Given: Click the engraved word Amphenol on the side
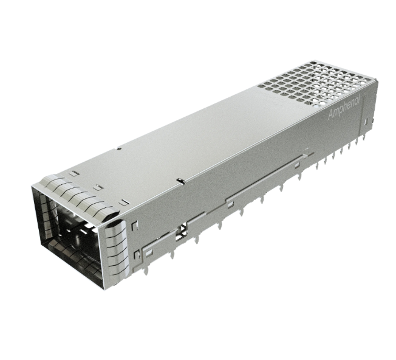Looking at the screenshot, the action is [345, 106].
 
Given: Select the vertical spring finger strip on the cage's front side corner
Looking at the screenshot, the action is [116, 247].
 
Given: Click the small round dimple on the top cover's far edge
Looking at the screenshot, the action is [119, 148].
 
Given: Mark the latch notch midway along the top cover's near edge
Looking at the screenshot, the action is [180, 180].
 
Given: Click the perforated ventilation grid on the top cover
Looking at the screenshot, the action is [316, 83].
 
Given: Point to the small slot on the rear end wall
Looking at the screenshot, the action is [366, 122].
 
